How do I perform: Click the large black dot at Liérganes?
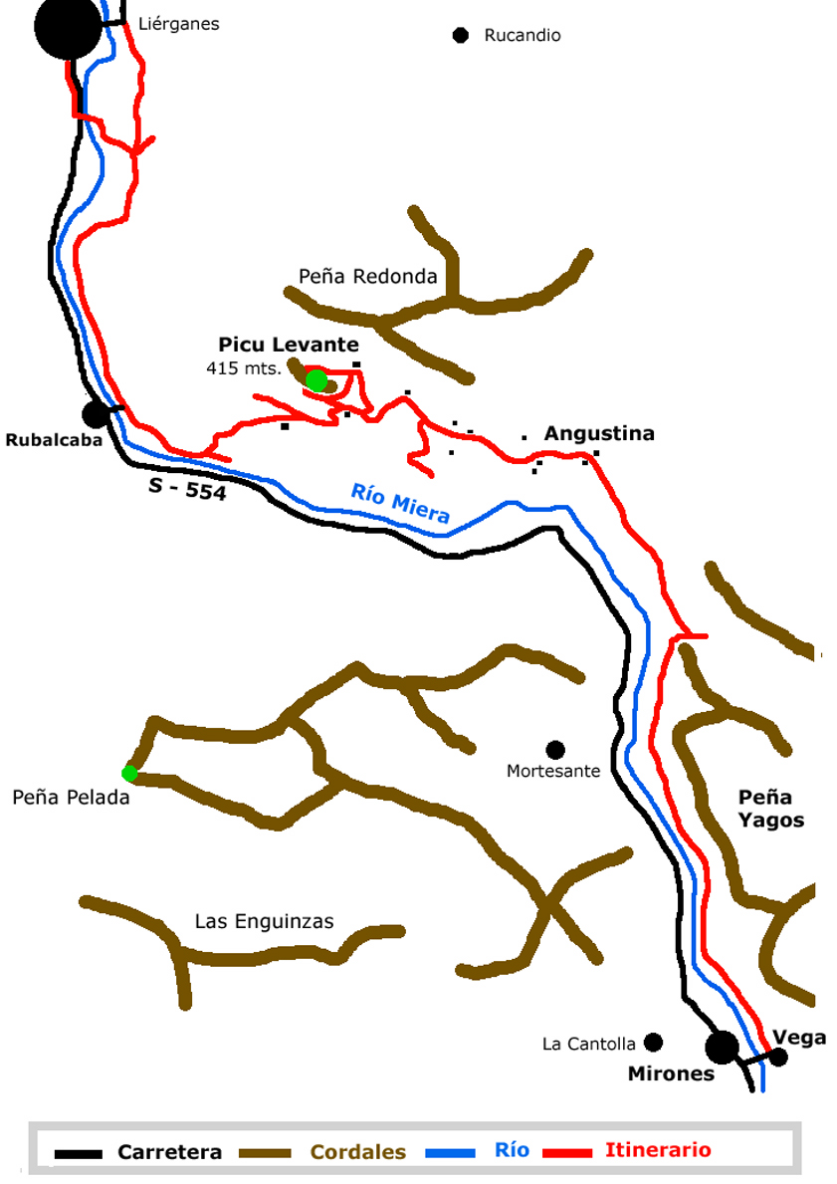tap(68, 28)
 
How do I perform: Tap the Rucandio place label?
tap(523, 36)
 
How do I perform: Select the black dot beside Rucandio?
tap(460, 36)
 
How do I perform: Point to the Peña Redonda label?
tap(368, 277)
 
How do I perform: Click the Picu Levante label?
tap(289, 345)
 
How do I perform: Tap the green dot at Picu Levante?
tap(316, 380)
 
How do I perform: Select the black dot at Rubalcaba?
tap(96, 413)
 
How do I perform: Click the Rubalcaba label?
tap(55, 440)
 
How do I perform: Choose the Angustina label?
tap(599, 434)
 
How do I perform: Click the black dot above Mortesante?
tap(555, 749)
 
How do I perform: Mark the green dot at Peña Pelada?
tap(129, 773)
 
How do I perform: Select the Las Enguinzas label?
tap(265, 921)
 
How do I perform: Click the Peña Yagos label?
tap(770, 809)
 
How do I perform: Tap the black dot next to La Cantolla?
tap(653, 1043)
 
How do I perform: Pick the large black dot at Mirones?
tap(722, 1047)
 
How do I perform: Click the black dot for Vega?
tap(779, 1057)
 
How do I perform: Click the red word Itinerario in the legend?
tap(658, 1150)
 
